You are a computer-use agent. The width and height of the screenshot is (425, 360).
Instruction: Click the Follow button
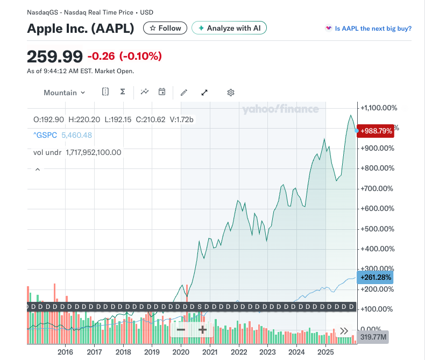click(x=165, y=28)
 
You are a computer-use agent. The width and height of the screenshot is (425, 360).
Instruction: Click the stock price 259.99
click(x=55, y=56)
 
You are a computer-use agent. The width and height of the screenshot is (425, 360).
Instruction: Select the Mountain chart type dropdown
click(x=64, y=93)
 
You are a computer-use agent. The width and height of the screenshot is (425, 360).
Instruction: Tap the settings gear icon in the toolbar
click(x=231, y=93)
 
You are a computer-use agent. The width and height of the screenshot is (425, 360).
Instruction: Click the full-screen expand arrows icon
click(x=204, y=93)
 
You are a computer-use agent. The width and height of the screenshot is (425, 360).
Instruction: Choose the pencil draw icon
click(x=184, y=93)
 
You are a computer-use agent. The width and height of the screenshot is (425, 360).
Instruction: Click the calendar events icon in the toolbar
click(x=161, y=92)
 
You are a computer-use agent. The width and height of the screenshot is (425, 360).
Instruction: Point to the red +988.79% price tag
click(x=377, y=131)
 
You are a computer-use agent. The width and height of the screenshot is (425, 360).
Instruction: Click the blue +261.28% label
click(x=376, y=278)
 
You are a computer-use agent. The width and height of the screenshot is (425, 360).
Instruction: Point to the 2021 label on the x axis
click(x=210, y=352)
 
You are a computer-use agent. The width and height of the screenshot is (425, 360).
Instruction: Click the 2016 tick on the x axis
click(x=65, y=352)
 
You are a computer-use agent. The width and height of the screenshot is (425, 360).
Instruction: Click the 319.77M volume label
click(x=373, y=337)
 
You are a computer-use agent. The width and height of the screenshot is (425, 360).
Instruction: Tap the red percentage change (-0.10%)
click(x=140, y=56)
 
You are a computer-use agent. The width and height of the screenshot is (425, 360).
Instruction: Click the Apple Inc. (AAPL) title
click(x=81, y=29)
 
